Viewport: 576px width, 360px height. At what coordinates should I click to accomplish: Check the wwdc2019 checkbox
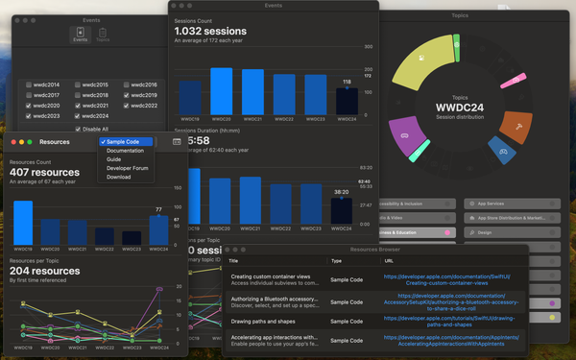(127, 95)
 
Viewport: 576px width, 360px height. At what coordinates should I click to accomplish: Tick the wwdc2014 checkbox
(29, 84)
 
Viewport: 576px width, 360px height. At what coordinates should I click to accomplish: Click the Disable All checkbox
(77, 129)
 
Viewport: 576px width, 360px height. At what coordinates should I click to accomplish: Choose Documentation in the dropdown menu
(125, 151)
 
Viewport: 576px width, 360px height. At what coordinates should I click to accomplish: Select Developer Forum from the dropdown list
(127, 168)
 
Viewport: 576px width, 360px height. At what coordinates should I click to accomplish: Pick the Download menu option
(118, 177)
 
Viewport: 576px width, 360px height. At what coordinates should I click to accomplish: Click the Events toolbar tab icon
(81, 35)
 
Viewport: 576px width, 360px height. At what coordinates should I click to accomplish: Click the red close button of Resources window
(13, 141)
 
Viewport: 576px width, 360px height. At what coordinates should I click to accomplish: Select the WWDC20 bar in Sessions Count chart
(222, 91)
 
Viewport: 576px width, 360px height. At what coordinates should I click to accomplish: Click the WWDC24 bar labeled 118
(347, 101)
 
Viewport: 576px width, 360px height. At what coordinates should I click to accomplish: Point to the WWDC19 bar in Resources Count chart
(23, 223)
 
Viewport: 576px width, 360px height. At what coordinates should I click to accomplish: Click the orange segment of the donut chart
(516, 124)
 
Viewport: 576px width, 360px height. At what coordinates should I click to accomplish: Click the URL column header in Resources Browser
(389, 260)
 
